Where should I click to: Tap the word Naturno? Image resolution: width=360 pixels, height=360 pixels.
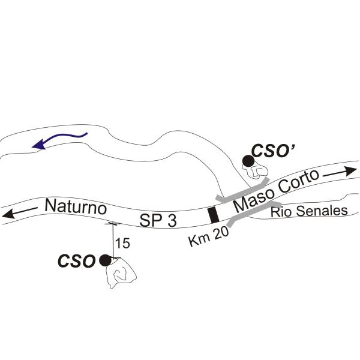[76, 206]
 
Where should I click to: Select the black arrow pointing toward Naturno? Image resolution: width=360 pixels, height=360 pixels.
[20, 212]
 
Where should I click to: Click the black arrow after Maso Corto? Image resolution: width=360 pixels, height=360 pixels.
[340, 173]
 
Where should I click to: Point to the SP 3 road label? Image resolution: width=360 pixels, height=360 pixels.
[158, 221]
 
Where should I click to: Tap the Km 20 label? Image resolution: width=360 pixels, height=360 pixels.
[208, 236]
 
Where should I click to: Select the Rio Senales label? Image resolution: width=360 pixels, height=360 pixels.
[309, 211]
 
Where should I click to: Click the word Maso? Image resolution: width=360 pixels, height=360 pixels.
[254, 199]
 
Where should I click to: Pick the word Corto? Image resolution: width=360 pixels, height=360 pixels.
[298, 181]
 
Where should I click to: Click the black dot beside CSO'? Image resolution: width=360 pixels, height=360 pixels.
[248, 161]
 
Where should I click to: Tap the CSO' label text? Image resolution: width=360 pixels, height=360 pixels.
[273, 151]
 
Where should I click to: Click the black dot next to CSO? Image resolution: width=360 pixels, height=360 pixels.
[105, 260]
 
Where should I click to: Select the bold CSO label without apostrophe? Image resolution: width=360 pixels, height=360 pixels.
[76, 261]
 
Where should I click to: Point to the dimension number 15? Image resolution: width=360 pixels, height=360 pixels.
[122, 243]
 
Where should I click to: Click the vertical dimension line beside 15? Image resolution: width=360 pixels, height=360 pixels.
[113, 240]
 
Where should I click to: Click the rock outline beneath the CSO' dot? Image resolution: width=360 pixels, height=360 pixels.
[256, 170]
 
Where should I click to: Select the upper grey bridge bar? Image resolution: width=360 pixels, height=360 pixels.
[242, 190]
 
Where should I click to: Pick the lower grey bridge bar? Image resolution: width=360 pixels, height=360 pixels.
[254, 213]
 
